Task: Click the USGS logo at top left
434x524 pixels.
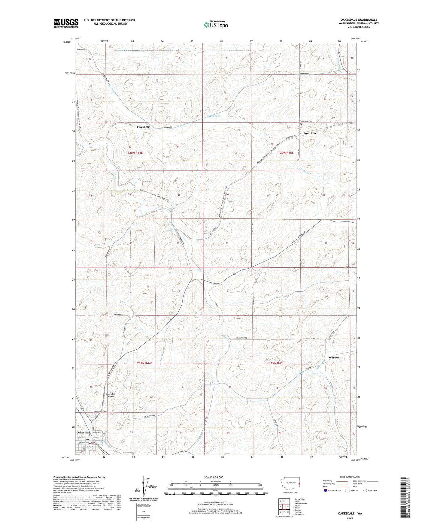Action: (66, 23)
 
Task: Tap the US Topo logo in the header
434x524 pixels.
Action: (215, 25)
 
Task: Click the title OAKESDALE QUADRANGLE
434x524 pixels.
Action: (357, 20)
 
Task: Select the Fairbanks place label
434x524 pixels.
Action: (143, 127)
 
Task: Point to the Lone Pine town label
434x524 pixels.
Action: (310, 133)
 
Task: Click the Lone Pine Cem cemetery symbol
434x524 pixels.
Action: (301, 124)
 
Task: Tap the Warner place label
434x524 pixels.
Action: (334, 358)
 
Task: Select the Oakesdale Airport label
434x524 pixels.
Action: (111, 395)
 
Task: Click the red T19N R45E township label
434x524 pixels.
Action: (276, 363)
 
